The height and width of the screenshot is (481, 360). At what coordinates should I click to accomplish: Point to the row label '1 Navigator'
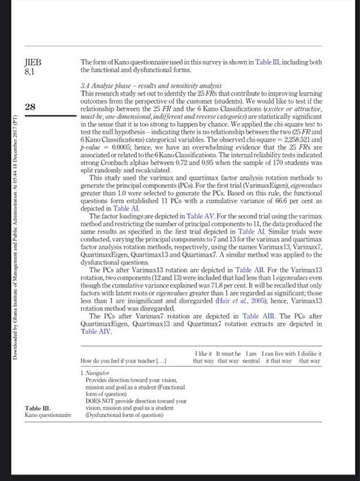pos(100,372)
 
